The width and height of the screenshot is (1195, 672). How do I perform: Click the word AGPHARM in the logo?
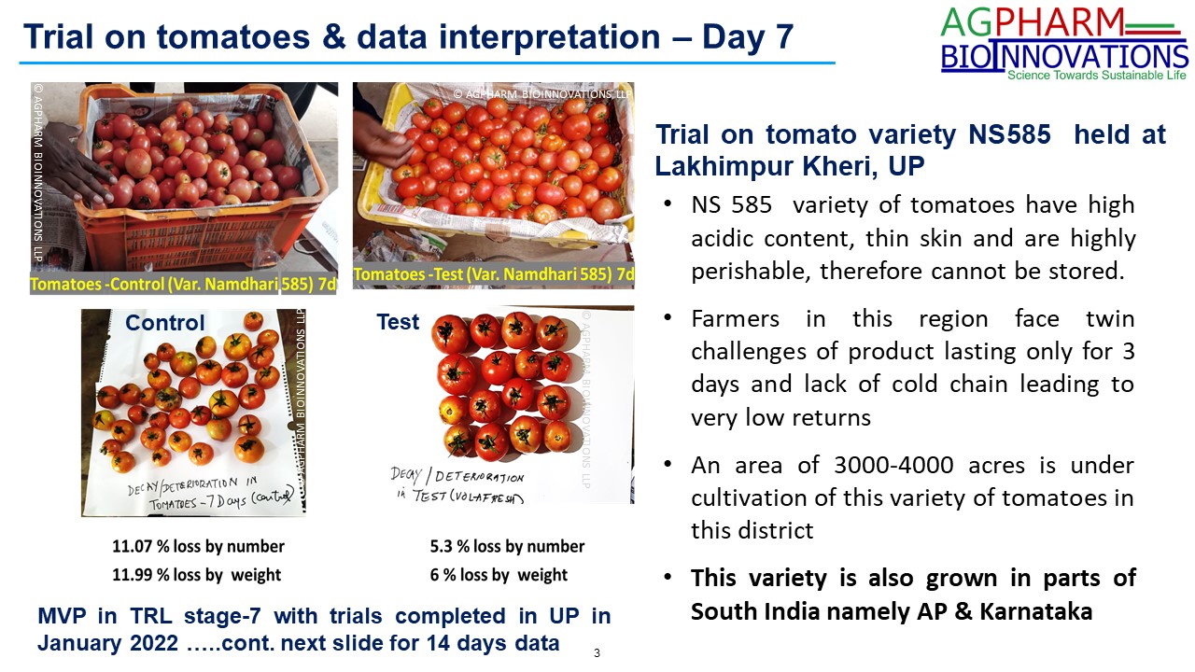click(1033, 22)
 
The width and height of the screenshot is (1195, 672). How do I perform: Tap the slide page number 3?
click(597, 652)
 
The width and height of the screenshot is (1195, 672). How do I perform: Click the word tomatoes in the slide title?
click(233, 36)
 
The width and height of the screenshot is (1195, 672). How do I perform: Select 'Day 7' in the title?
click(748, 37)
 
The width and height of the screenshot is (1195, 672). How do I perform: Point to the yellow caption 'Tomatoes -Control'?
click(97, 284)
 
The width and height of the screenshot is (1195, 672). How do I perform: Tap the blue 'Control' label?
click(165, 323)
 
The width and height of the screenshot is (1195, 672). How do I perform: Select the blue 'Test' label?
click(398, 322)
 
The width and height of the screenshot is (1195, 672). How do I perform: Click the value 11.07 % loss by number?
click(198, 546)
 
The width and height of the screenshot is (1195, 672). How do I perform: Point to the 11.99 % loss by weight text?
click(196, 575)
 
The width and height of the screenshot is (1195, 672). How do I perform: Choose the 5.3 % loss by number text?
click(507, 546)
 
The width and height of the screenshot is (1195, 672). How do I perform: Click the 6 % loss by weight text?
click(499, 575)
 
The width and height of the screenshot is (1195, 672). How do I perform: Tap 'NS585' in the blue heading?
click(1009, 134)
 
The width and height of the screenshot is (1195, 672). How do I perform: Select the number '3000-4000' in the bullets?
click(893, 465)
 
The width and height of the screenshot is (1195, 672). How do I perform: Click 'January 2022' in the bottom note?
click(107, 643)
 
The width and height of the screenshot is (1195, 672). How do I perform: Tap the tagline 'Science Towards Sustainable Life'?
click(1096, 76)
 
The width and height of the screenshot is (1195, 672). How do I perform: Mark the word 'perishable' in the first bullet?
click(752, 272)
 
